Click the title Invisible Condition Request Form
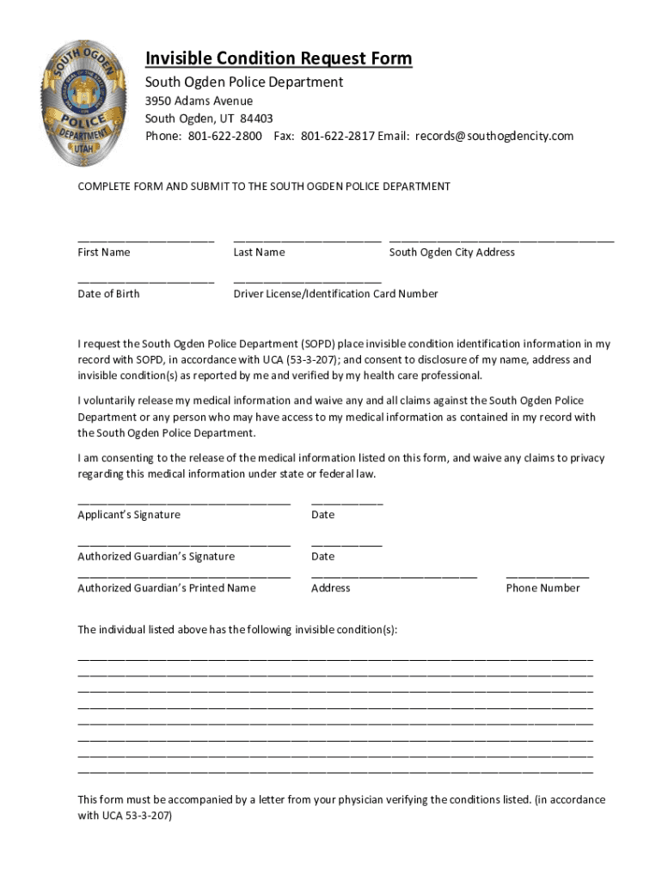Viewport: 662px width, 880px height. click(x=279, y=58)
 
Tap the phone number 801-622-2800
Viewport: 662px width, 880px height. click(x=225, y=136)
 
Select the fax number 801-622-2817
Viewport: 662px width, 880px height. click(x=338, y=136)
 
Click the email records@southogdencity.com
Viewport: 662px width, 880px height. click(x=494, y=136)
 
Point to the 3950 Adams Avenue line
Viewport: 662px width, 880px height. click(x=199, y=101)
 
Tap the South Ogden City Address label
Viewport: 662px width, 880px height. click(x=451, y=252)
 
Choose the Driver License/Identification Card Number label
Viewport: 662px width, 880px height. click(x=335, y=294)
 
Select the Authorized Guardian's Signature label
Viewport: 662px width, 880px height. click(x=156, y=556)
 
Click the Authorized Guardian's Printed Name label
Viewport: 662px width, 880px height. click(x=166, y=588)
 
